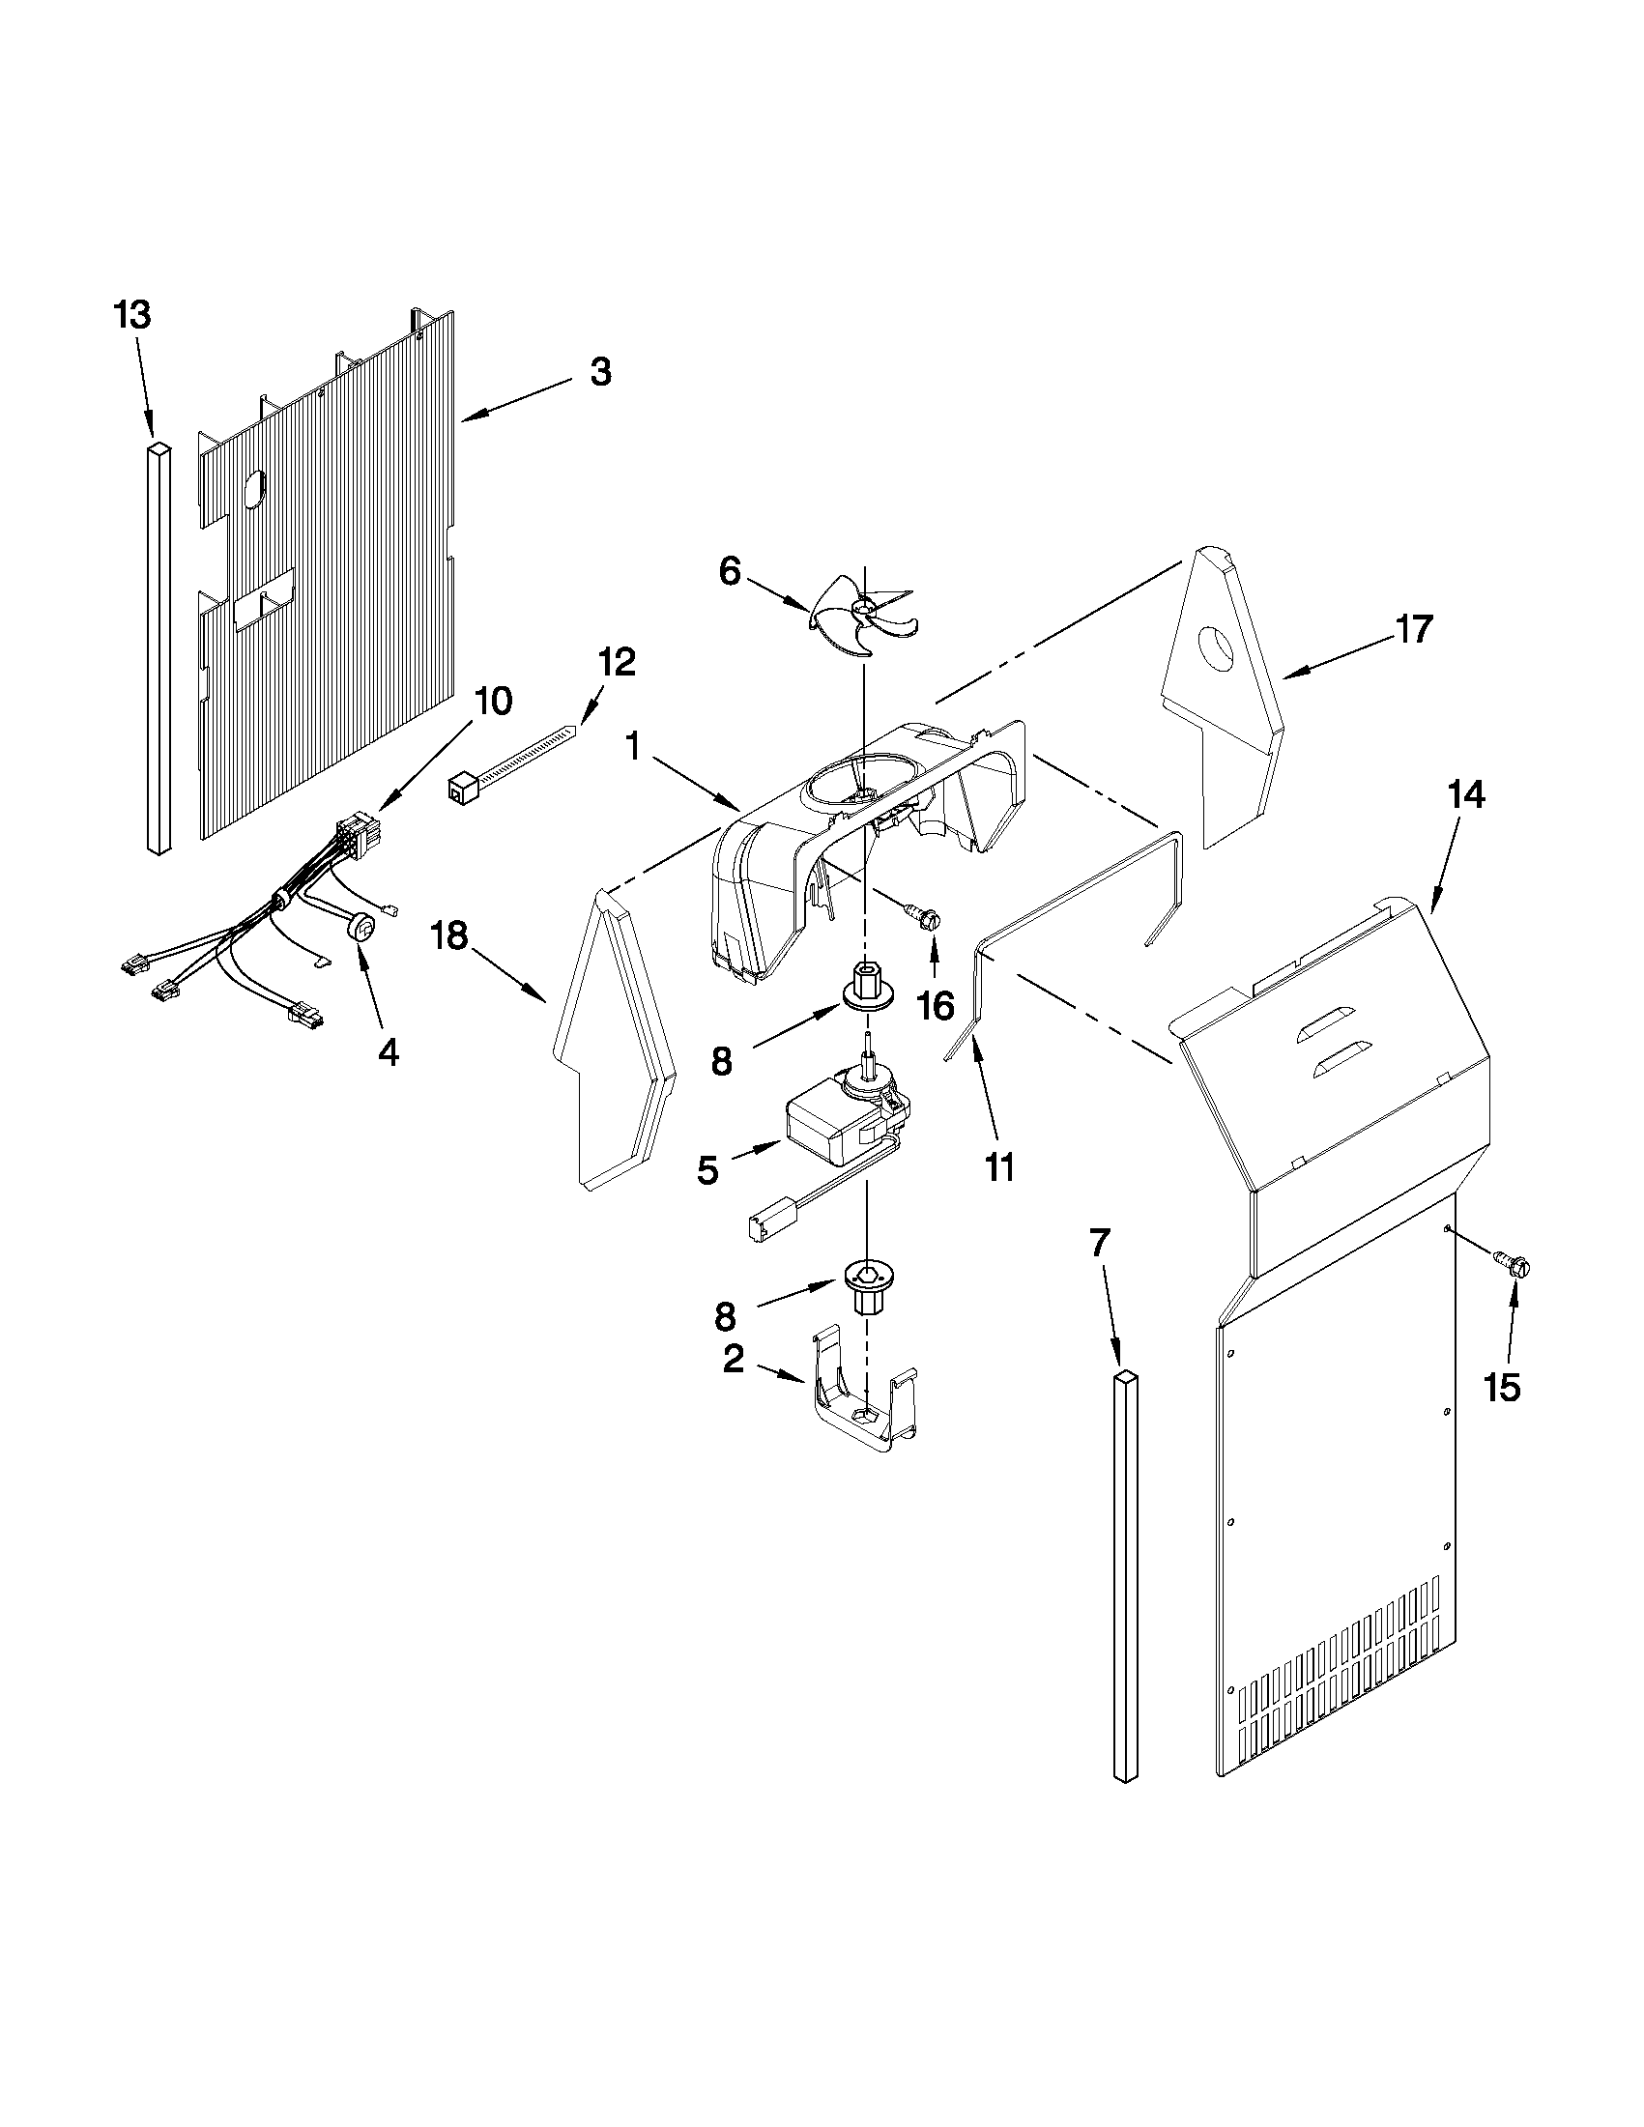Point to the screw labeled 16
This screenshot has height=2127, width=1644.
coord(928,914)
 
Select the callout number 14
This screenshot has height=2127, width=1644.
coord(1466,795)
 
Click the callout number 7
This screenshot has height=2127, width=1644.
coord(1099,1244)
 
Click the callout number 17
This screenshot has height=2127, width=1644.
coord(1414,630)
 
